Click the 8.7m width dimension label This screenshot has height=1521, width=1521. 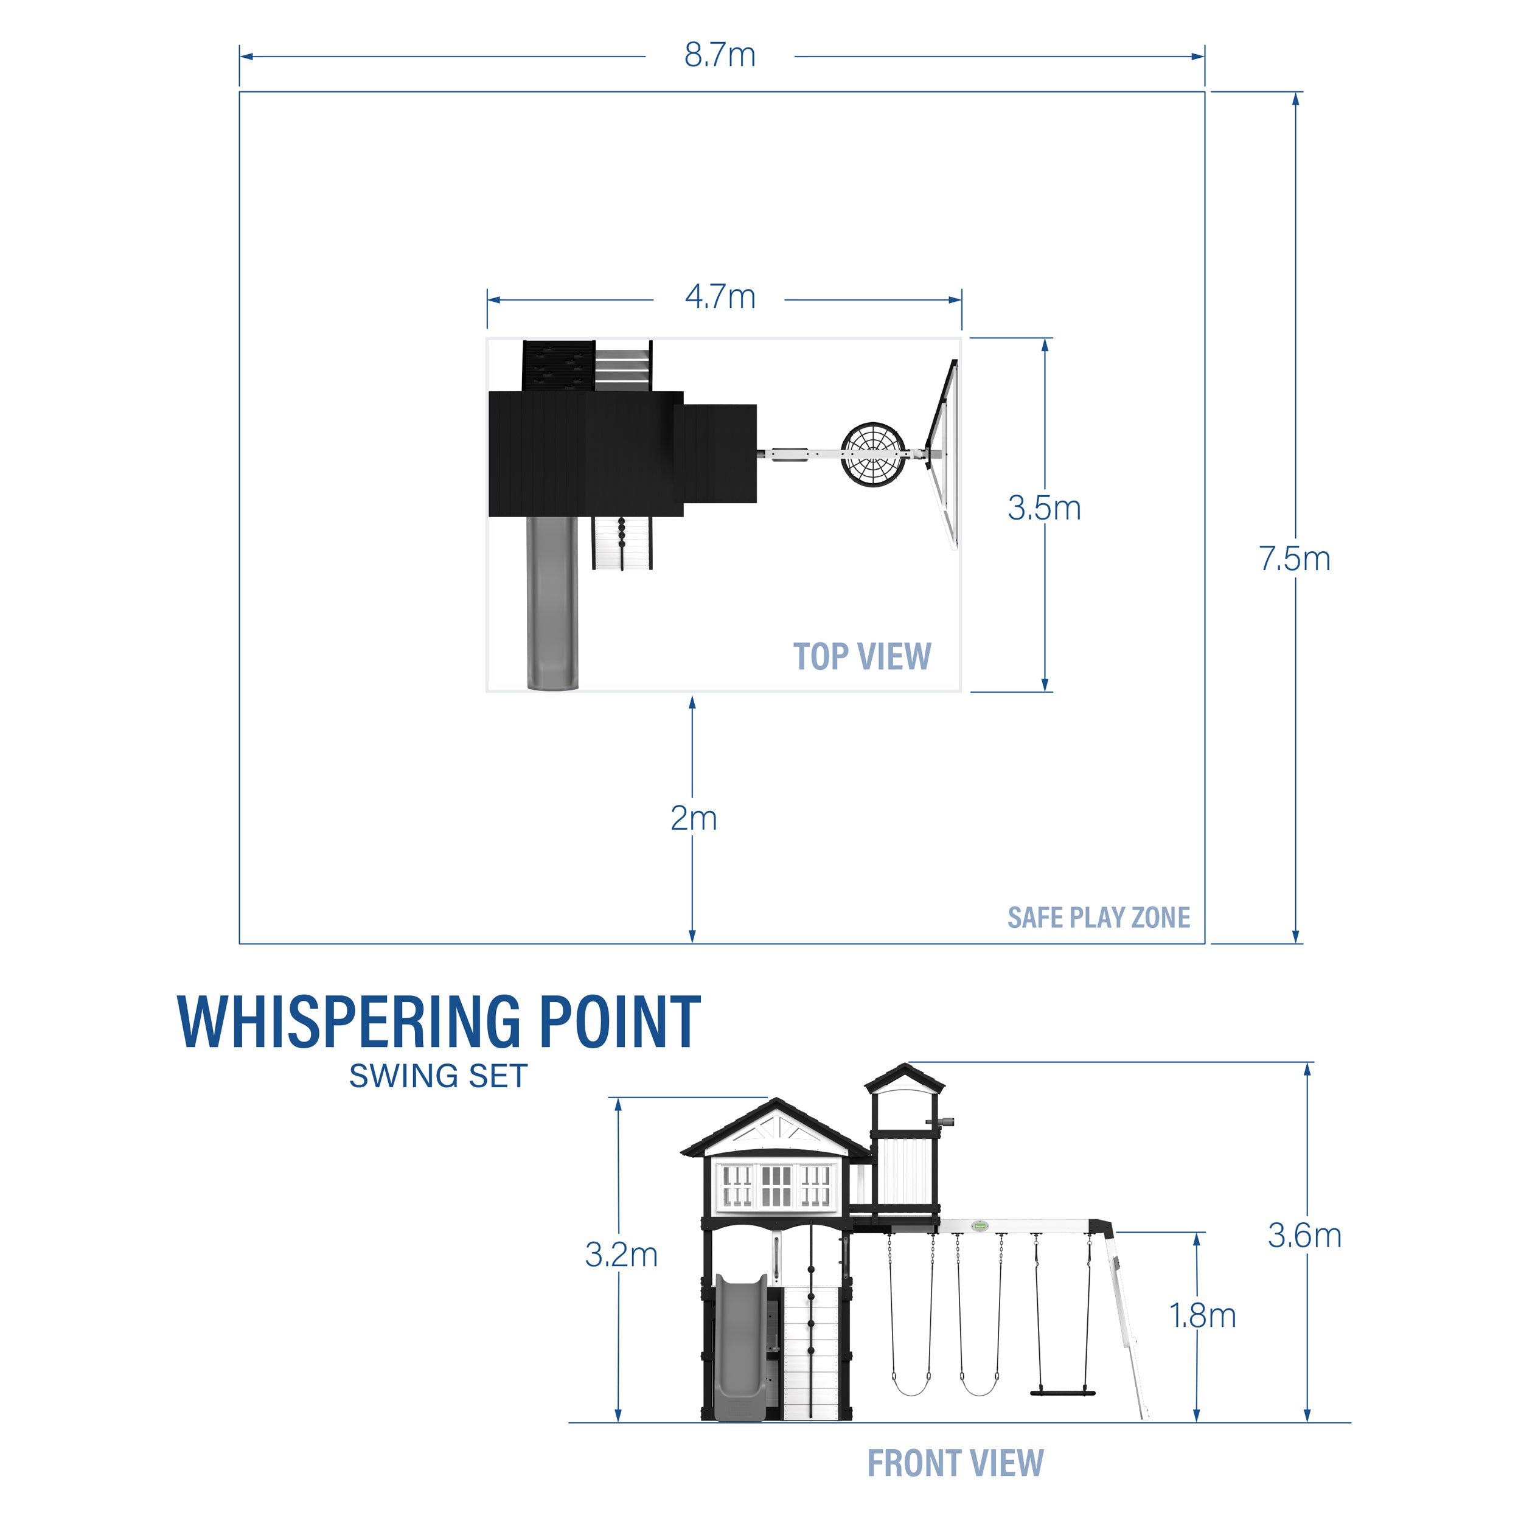(720, 55)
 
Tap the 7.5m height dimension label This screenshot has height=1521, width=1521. (1294, 559)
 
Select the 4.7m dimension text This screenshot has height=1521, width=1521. (720, 297)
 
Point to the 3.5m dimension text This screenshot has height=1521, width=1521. (1044, 508)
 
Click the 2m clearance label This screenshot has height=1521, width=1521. (693, 819)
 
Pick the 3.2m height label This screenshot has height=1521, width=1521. (621, 1255)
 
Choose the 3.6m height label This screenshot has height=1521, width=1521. (1304, 1236)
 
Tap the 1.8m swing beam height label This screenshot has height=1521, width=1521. (1202, 1315)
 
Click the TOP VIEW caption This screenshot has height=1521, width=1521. (861, 656)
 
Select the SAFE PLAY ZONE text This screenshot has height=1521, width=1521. (1098, 918)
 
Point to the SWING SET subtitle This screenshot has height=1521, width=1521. (437, 1076)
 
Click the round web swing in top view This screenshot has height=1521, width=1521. (872, 454)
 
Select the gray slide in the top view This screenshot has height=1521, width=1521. (552, 602)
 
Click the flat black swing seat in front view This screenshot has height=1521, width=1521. (1063, 1393)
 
